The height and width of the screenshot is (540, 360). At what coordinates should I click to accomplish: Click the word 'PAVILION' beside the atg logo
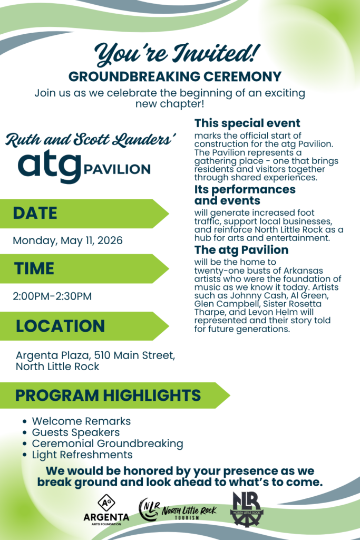[x=116, y=170]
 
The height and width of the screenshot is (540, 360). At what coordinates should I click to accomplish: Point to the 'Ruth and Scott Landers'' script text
[x=91, y=140]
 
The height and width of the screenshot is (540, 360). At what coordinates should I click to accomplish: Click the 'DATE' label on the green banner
[x=35, y=213]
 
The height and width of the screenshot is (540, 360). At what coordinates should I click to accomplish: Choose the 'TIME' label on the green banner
[x=34, y=268]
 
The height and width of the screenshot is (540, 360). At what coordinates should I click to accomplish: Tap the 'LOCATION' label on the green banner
[x=60, y=326]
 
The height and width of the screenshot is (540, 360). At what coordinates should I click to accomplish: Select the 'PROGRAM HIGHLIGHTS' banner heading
[x=108, y=395]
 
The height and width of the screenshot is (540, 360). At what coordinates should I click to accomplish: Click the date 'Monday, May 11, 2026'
[x=67, y=240]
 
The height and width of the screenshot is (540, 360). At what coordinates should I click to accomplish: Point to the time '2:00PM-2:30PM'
[x=52, y=296]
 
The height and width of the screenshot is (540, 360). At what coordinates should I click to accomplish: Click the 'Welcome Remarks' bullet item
[x=81, y=421]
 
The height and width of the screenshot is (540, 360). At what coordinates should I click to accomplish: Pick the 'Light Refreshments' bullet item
[x=82, y=455]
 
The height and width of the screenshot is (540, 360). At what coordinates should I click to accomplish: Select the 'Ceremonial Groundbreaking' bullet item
[x=108, y=443]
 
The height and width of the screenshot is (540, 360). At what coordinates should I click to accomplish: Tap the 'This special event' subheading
[x=247, y=123]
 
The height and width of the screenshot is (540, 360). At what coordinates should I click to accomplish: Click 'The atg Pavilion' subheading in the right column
[x=241, y=249]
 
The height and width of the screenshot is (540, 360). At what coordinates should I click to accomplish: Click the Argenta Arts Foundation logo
[x=106, y=510]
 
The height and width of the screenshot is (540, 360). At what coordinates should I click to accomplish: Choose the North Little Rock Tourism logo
[x=177, y=509]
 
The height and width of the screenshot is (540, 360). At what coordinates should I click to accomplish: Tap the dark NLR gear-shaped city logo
[x=247, y=509]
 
